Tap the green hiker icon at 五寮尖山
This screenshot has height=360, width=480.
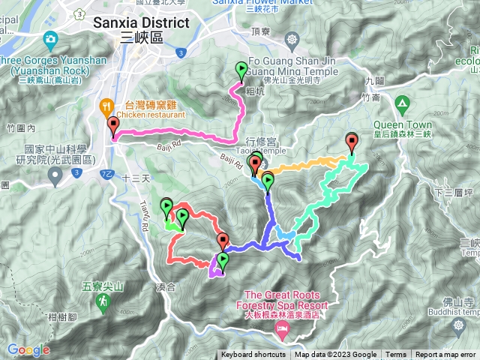(101, 301)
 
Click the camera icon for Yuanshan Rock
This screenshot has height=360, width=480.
(50, 38)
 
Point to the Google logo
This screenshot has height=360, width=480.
(28, 349)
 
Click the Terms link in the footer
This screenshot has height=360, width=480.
(395, 355)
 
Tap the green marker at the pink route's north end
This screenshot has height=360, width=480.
(241, 71)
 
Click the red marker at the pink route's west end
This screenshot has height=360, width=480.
(113, 125)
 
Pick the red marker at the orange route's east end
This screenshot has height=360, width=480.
(352, 140)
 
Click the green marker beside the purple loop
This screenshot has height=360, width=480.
(223, 262)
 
